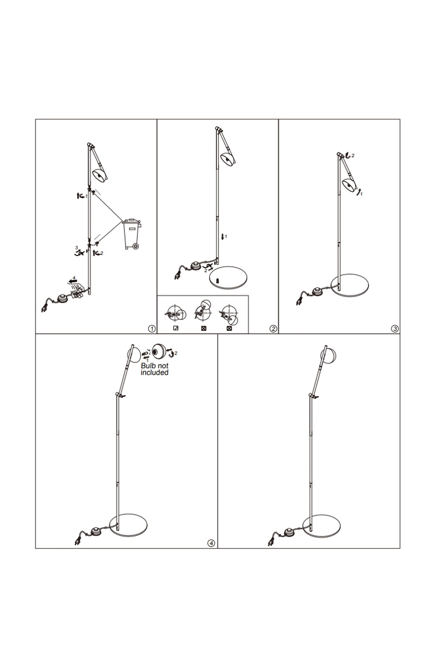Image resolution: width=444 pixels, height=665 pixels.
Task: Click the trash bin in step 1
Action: tap(132, 234)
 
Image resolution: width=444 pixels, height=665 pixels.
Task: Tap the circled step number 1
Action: tap(152, 329)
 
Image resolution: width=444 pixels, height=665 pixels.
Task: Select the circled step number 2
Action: tap(273, 329)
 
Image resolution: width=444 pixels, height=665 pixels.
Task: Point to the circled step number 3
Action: tap(395, 329)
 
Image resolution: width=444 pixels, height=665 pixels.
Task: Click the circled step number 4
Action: tap(211, 543)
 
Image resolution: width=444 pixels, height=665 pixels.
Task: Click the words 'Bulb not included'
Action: tap(155, 369)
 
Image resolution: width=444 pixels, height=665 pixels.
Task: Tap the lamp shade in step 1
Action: tap(100, 175)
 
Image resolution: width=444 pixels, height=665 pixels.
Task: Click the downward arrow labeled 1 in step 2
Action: tap(223, 237)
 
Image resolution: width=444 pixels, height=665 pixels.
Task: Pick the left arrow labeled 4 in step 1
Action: tap(72, 281)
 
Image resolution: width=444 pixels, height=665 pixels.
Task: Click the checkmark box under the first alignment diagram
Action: tap(176, 328)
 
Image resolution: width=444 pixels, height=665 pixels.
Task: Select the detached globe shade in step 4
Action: tap(160, 351)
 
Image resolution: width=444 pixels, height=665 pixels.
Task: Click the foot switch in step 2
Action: tap(196, 265)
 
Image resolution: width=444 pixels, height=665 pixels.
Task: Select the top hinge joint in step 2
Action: tap(218, 129)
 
